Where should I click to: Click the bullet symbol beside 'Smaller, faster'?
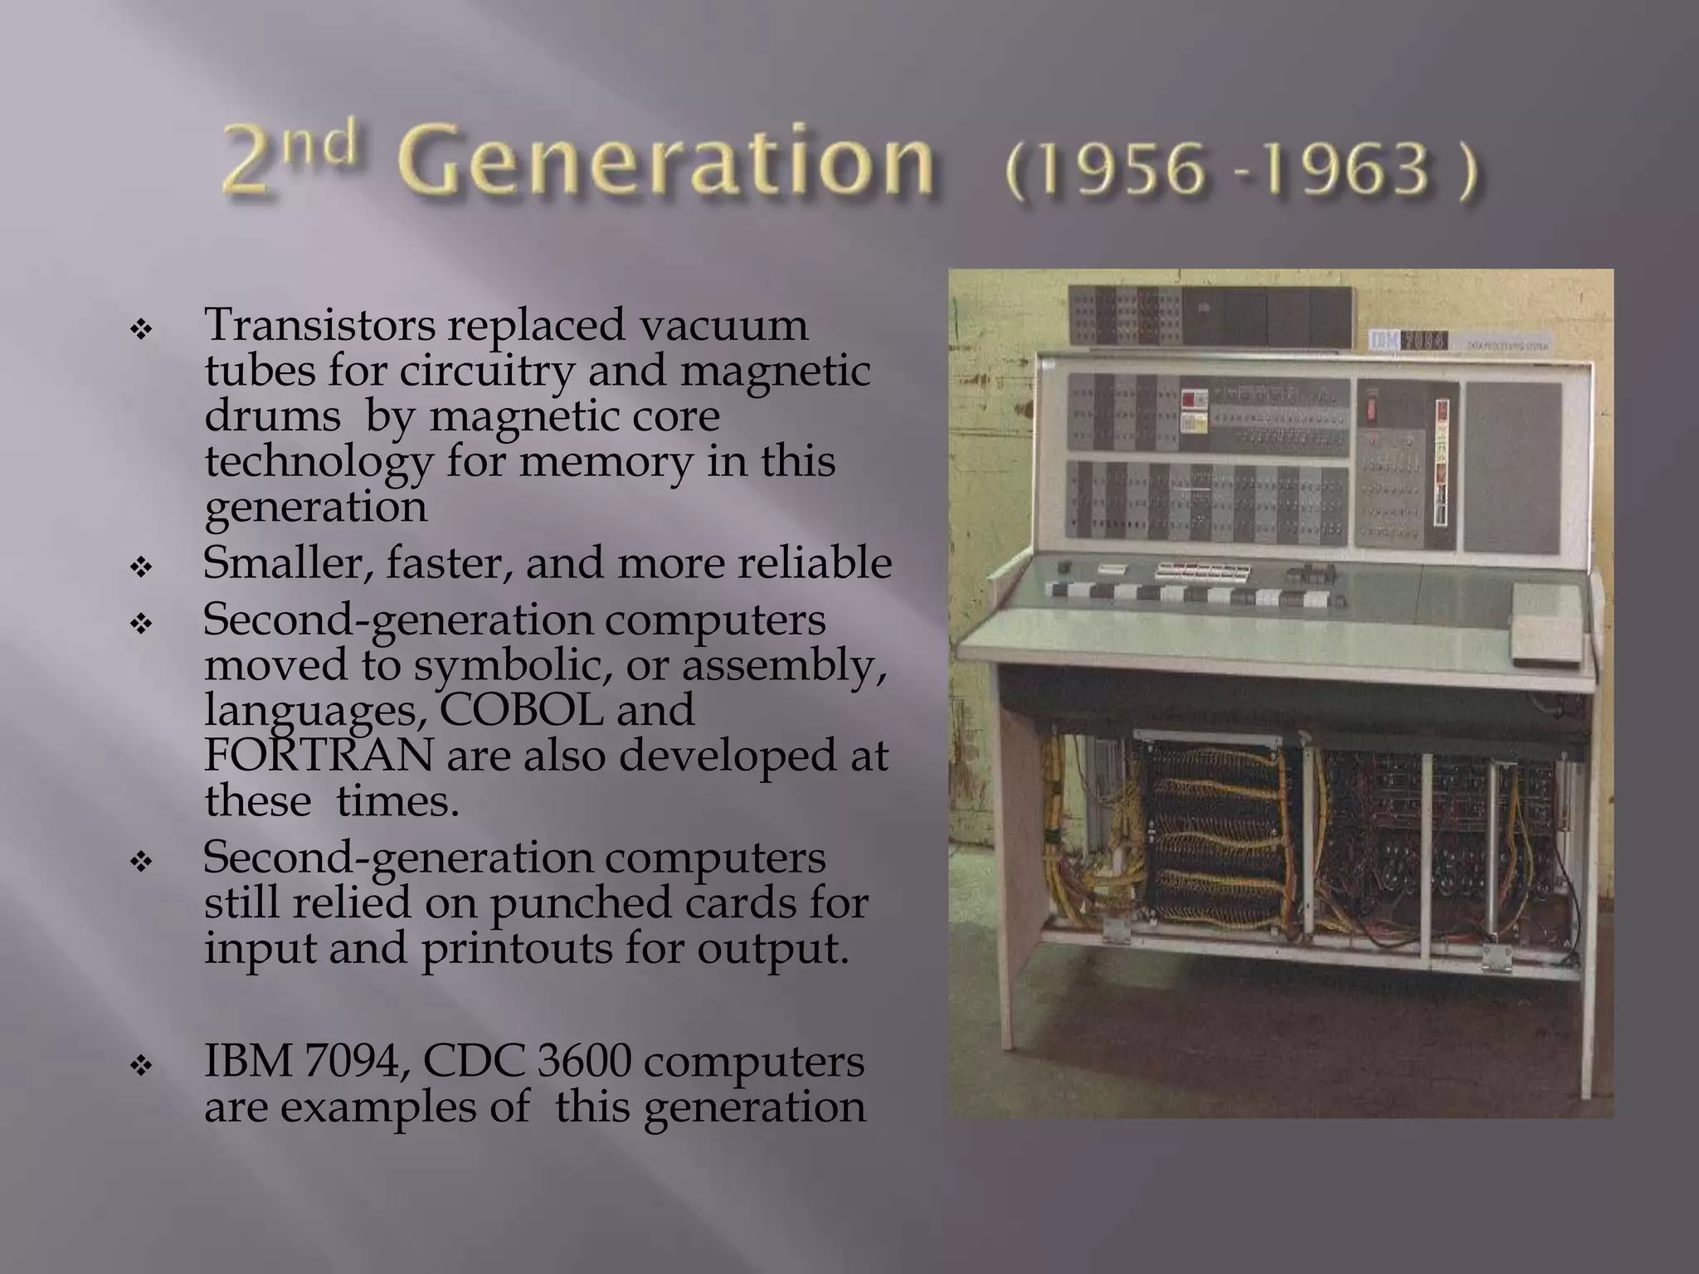(141, 568)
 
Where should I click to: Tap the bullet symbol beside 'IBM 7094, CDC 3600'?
(141, 1066)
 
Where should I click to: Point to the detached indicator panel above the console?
(1210, 315)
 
